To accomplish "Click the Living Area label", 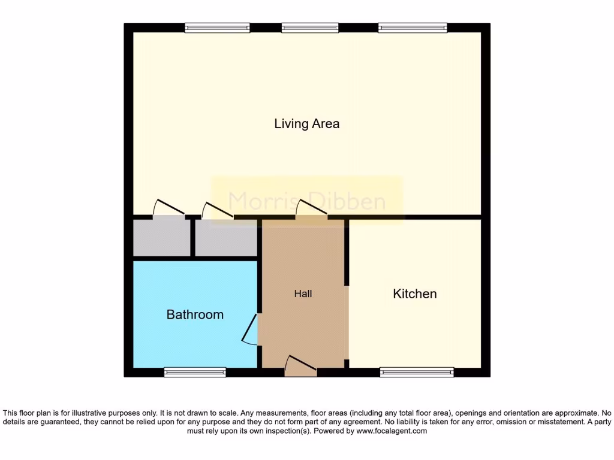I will pyautogui.click(x=306, y=124).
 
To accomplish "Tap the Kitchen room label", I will pyautogui.click(x=414, y=293).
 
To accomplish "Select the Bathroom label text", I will pyautogui.click(x=195, y=314).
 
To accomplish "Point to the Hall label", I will pyautogui.click(x=303, y=293).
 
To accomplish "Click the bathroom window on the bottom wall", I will pyautogui.click(x=195, y=372).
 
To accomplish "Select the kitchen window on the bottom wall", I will pyautogui.click(x=417, y=372).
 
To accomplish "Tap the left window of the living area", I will pyautogui.click(x=217, y=28).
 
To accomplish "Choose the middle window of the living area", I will pyautogui.click(x=310, y=28).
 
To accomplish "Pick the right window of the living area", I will pyautogui.click(x=413, y=28).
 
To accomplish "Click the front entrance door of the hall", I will pyautogui.click(x=300, y=367).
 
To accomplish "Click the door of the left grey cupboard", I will pyautogui.click(x=168, y=209).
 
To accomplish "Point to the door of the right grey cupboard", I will pyautogui.click(x=217, y=211).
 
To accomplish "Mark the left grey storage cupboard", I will pyautogui.click(x=161, y=238).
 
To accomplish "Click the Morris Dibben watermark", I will pyautogui.click(x=306, y=201).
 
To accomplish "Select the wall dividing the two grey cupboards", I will pyautogui.click(x=192, y=238).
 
